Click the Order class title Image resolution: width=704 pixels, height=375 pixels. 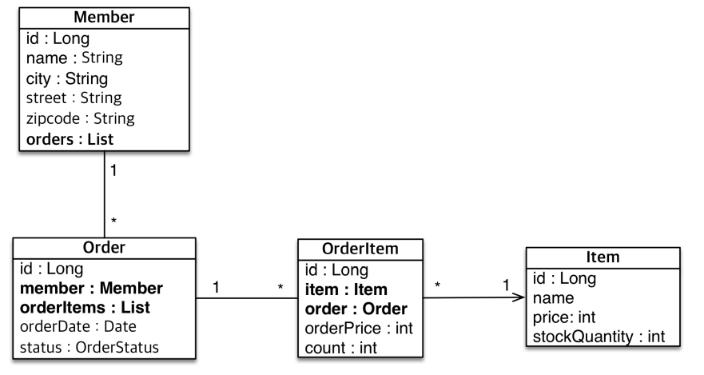pyautogui.click(x=104, y=247)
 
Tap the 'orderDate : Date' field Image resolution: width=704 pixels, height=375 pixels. pyautogui.click(x=78, y=327)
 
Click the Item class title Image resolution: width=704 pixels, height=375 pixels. pyautogui.click(x=603, y=259)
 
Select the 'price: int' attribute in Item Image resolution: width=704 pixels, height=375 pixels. pyautogui.click(x=563, y=317)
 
